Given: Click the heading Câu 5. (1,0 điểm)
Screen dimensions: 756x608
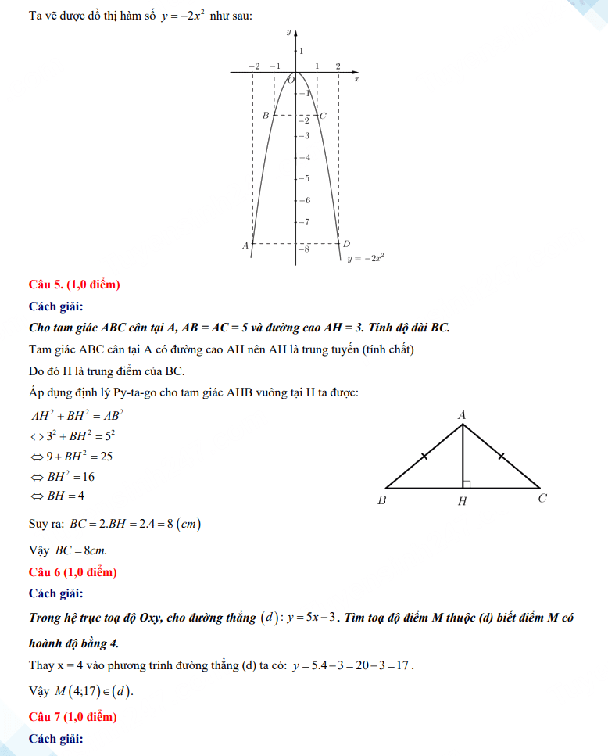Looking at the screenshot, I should [x=74, y=285].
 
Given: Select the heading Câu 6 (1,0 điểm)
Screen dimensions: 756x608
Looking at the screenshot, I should [x=73, y=572].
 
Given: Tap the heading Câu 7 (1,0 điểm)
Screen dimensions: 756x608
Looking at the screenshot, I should [x=73, y=716].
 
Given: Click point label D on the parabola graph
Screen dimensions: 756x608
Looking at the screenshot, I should [x=347, y=245].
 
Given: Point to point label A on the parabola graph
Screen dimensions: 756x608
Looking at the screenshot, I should [x=245, y=245].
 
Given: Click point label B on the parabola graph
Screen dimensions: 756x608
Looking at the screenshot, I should [x=266, y=116].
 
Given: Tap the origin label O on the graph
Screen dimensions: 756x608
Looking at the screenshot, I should [x=291, y=79].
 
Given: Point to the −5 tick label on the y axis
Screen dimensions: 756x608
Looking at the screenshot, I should [x=306, y=179].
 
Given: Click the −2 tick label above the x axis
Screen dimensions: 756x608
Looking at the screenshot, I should [x=253, y=66].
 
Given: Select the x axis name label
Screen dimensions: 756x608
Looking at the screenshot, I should [x=356, y=79].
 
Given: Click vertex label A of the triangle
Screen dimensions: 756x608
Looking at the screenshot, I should [x=462, y=414].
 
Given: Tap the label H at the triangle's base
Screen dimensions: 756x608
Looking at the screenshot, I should [x=462, y=501].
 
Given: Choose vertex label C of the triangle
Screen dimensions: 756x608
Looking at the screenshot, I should [x=542, y=500].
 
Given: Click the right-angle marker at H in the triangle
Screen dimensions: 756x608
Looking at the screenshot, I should [x=467, y=485].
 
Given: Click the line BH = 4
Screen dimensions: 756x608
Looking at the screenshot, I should [x=58, y=496].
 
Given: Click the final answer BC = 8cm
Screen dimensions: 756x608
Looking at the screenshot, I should [x=81, y=550].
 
